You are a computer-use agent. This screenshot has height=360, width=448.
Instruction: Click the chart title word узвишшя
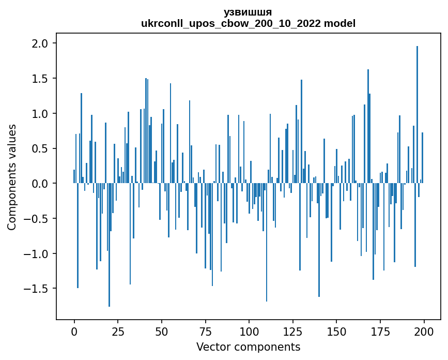[x=248, y=12]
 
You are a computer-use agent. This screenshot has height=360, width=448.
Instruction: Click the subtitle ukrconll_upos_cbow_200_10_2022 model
[x=248, y=23]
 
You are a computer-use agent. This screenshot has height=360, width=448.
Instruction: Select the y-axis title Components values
[x=12, y=177]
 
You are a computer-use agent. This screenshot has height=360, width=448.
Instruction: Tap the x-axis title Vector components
[x=248, y=347]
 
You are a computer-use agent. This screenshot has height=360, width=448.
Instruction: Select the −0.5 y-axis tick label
[x=37, y=219]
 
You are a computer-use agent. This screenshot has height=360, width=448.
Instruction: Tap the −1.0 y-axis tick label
[x=37, y=253]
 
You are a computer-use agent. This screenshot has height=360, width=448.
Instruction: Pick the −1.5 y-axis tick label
[x=37, y=289]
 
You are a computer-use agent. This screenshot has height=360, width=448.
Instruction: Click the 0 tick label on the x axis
[x=74, y=331]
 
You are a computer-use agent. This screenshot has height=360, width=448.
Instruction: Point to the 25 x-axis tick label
[x=118, y=331]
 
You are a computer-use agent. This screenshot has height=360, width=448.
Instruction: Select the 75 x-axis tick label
[x=206, y=331]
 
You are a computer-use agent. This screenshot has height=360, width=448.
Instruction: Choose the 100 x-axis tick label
[x=249, y=331]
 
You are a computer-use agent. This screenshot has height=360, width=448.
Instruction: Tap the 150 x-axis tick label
[x=336, y=331]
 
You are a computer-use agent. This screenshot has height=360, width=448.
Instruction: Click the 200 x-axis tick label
[x=424, y=331]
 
